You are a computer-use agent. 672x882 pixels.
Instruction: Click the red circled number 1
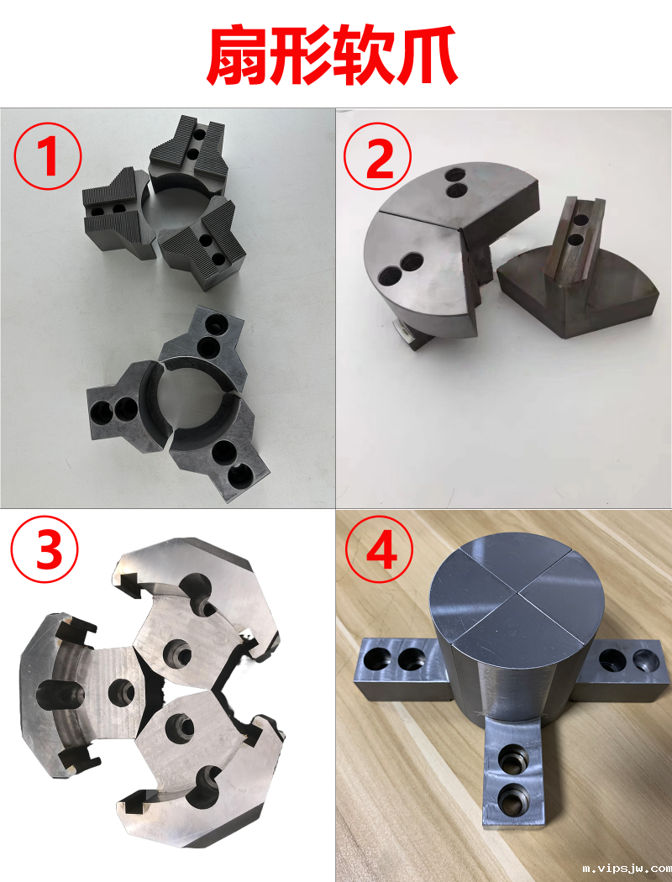[x=48, y=155]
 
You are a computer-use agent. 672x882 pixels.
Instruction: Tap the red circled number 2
[x=377, y=155]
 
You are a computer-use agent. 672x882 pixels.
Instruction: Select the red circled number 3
[x=45, y=549]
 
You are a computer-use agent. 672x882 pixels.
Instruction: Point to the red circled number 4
[x=379, y=549]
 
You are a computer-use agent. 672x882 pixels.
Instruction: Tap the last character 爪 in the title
[x=428, y=56]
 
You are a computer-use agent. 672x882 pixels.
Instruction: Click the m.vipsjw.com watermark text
[x=627, y=869]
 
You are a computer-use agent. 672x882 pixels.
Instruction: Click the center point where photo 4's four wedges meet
[x=517, y=592]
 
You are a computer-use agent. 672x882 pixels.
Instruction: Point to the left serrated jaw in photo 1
[x=118, y=213]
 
